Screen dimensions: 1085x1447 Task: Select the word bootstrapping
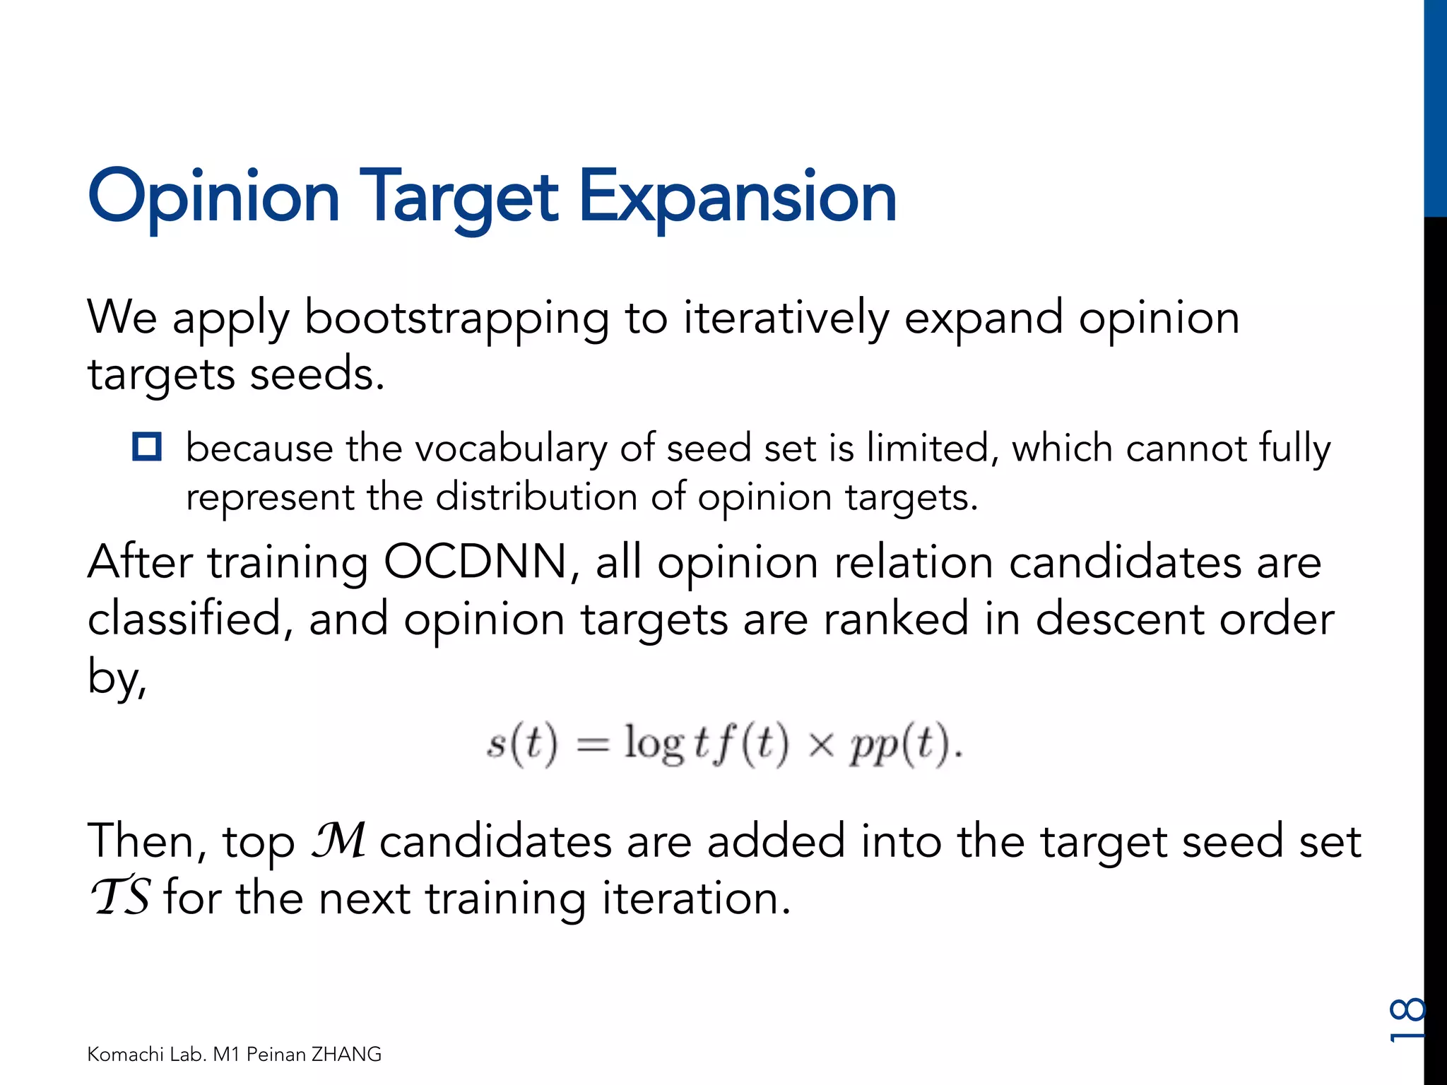pos(456,319)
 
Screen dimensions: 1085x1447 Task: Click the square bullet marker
pos(147,447)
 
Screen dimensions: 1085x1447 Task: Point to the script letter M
pos(339,840)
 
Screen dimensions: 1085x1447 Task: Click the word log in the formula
pos(654,745)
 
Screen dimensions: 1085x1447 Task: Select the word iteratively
pos(785,319)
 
